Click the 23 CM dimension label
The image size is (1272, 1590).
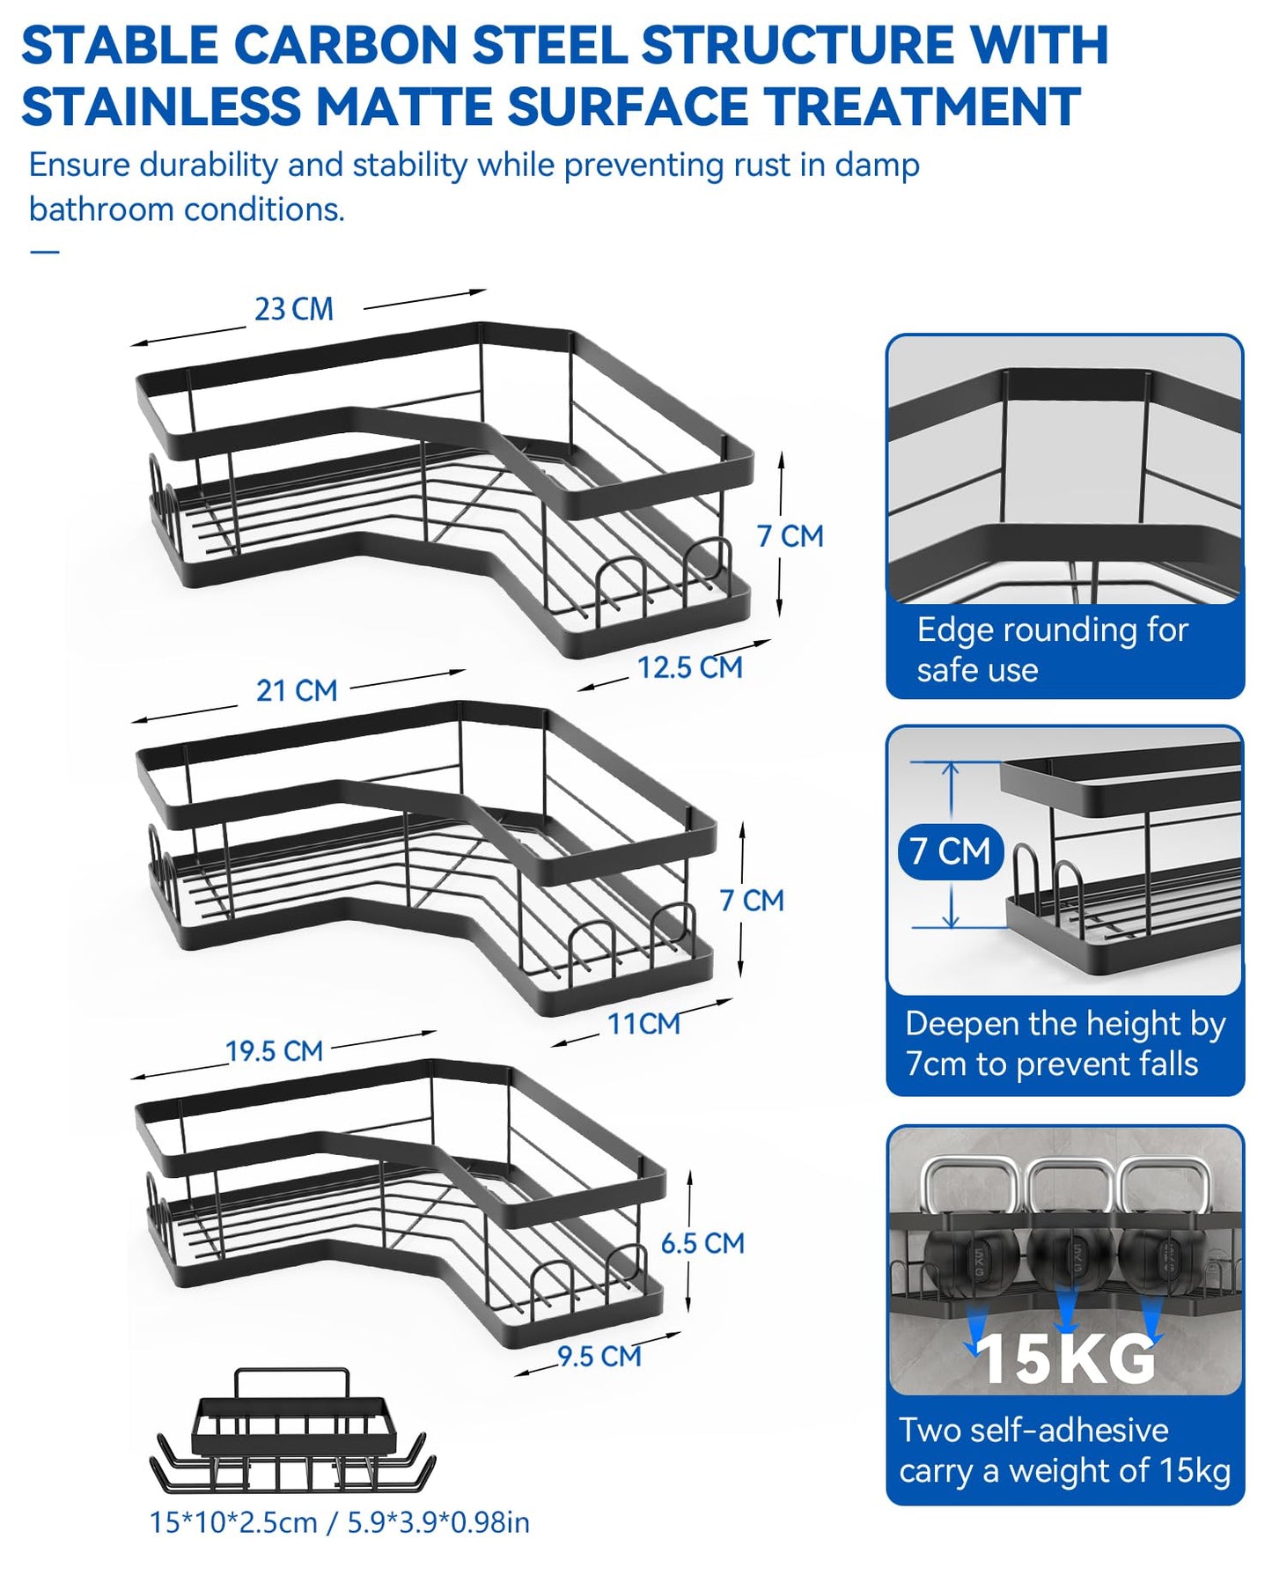tap(294, 310)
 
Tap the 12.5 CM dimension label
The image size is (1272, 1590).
tap(690, 667)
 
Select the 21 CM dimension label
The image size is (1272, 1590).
tap(297, 691)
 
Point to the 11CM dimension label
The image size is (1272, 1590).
tap(643, 1024)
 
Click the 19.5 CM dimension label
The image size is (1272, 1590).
tap(275, 1051)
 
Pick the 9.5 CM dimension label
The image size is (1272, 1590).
tap(599, 1357)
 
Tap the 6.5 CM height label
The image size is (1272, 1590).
tap(702, 1243)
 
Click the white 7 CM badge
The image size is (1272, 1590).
tap(951, 851)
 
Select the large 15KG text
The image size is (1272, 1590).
tap(1066, 1359)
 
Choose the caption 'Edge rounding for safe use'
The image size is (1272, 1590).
tap(1052, 650)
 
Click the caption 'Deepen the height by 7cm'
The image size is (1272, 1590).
tap(1065, 1043)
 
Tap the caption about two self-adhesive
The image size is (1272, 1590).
tap(1065, 1450)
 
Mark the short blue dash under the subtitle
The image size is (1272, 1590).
tap(44, 252)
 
